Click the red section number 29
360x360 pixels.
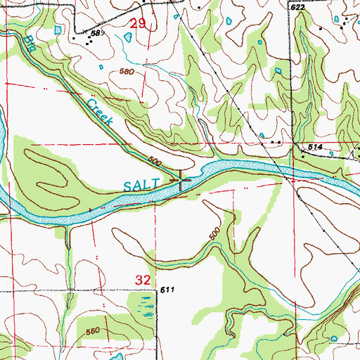click(x=139, y=25)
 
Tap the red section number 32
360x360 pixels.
click(x=143, y=280)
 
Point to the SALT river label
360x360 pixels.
click(x=142, y=185)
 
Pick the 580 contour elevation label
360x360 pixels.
click(x=127, y=72)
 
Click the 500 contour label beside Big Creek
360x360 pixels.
click(x=155, y=163)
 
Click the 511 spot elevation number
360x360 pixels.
click(x=167, y=290)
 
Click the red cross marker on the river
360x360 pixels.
click(x=181, y=181)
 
